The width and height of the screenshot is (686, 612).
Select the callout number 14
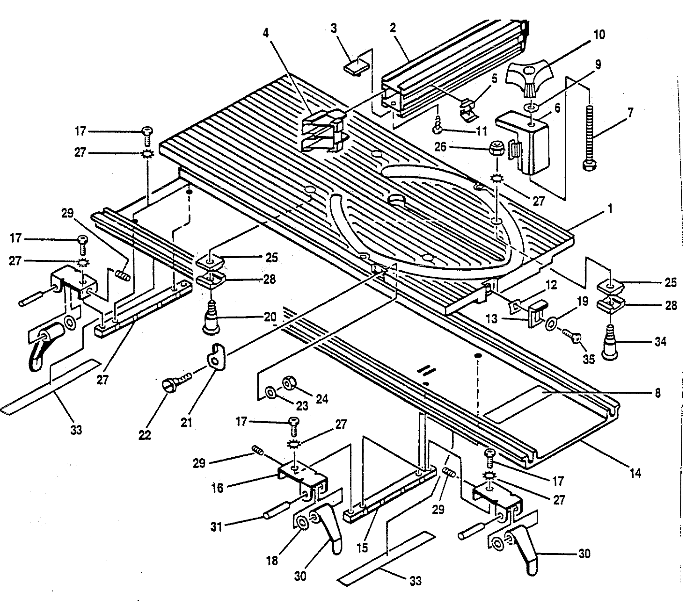[x=635, y=473]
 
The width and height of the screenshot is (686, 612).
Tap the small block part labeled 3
[x=355, y=66]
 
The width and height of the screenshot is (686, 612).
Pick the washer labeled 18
[x=301, y=522]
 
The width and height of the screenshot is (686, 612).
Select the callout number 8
[x=657, y=394]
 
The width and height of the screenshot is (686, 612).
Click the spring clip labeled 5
[x=470, y=110]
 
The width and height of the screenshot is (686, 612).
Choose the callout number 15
[x=363, y=547]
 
